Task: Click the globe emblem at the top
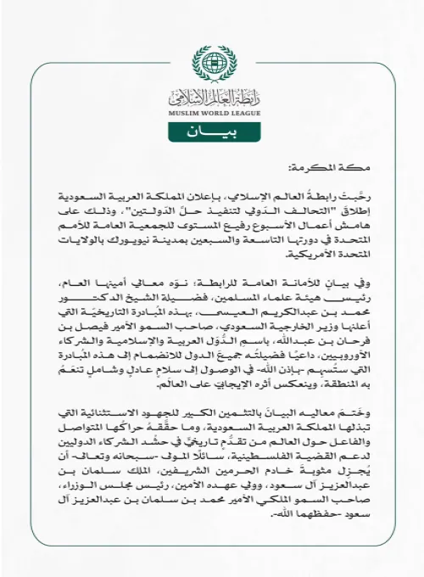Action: coord(212,61)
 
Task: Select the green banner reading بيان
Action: coord(212,132)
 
